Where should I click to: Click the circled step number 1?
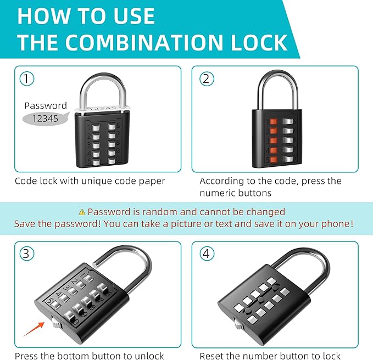(x=27, y=78)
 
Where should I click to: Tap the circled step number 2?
(x=205, y=78)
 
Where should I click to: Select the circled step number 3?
(x=27, y=254)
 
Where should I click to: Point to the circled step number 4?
(x=205, y=254)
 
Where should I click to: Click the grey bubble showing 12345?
(x=43, y=118)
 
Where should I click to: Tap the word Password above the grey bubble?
(x=46, y=105)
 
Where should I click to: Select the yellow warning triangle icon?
(x=82, y=212)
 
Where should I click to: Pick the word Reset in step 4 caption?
(x=212, y=356)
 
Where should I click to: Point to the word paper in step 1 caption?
(x=152, y=181)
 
